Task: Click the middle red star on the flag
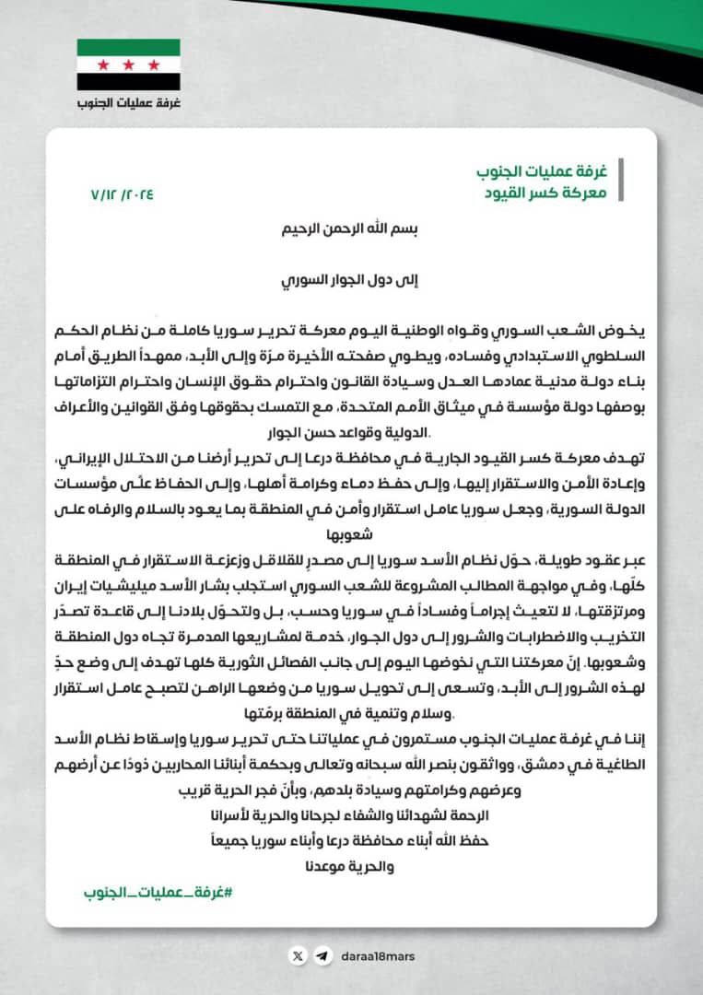point(128,64)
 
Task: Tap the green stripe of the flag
point(128,47)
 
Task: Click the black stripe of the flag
point(128,82)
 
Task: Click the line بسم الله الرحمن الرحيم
point(351,231)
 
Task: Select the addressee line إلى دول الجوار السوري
point(351,281)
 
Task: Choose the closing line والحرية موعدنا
point(351,867)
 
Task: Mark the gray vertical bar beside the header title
point(619,181)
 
